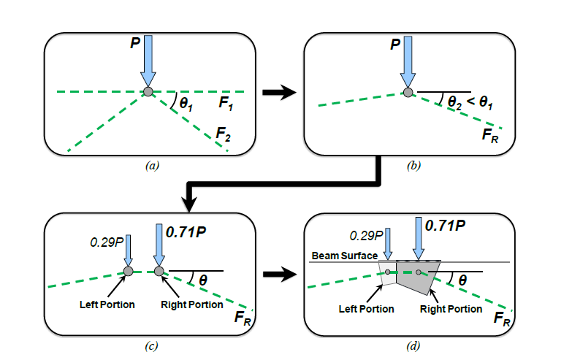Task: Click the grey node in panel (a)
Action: (148, 91)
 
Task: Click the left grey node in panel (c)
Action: (128, 271)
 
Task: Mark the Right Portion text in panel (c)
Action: (191, 304)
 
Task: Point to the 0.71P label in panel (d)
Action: (448, 225)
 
